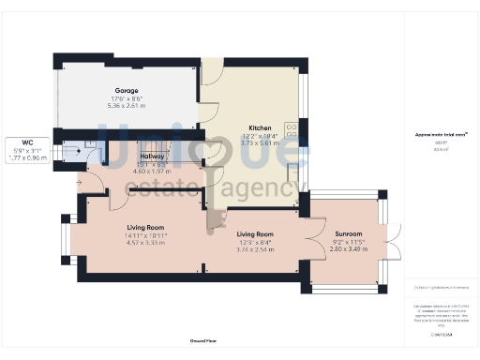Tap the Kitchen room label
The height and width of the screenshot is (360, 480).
pos(260,127)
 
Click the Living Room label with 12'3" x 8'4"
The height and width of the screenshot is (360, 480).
pos(254,233)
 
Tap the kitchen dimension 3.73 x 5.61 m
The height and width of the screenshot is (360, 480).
pos(260,142)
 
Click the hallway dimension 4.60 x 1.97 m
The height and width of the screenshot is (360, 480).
pos(153,172)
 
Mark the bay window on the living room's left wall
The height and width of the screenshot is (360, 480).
pos(65,240)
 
